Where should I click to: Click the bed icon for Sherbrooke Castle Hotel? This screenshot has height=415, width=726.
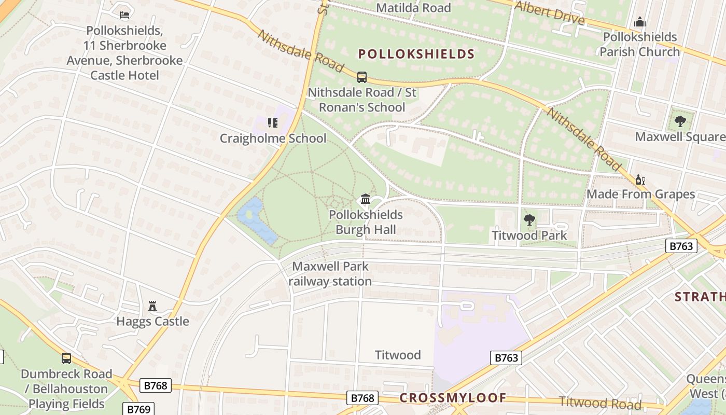click(124, 15)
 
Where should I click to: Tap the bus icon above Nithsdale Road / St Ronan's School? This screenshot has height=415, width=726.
click(362, 77)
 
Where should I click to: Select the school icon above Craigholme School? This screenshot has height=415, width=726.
click(273, 123)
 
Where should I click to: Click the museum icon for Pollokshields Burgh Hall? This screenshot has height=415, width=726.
click(366, 199)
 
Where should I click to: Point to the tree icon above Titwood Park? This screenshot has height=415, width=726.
click(529, 220)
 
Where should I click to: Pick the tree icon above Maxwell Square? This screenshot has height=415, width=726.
click(680, 121)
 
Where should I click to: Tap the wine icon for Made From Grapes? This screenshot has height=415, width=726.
click(640, 179)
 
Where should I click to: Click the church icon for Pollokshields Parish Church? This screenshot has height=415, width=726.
click(640, 22)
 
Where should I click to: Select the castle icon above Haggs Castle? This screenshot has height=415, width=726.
click(152, 306)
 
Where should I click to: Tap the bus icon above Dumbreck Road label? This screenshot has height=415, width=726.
click(66, 358)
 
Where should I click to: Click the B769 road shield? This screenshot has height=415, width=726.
click(139, 409)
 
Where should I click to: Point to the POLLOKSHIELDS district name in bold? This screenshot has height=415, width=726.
click(416, 54)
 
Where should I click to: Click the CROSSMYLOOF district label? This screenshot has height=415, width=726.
click(453, 398)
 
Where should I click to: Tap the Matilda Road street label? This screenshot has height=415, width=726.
click(413, 8)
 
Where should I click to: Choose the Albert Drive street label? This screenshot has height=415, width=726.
click(550, 12)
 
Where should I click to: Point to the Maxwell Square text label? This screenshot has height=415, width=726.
click(680, 137)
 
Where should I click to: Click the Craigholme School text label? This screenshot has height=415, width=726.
click(273, 139)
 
